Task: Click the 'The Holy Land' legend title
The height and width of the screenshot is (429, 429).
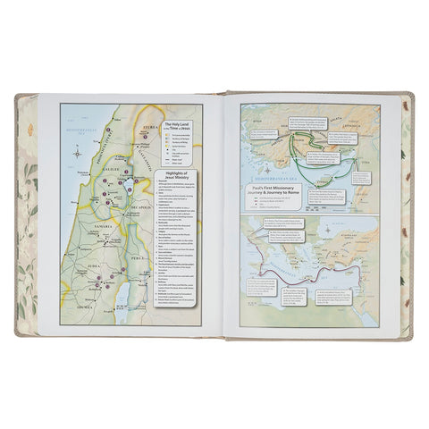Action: pos(178,127)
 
